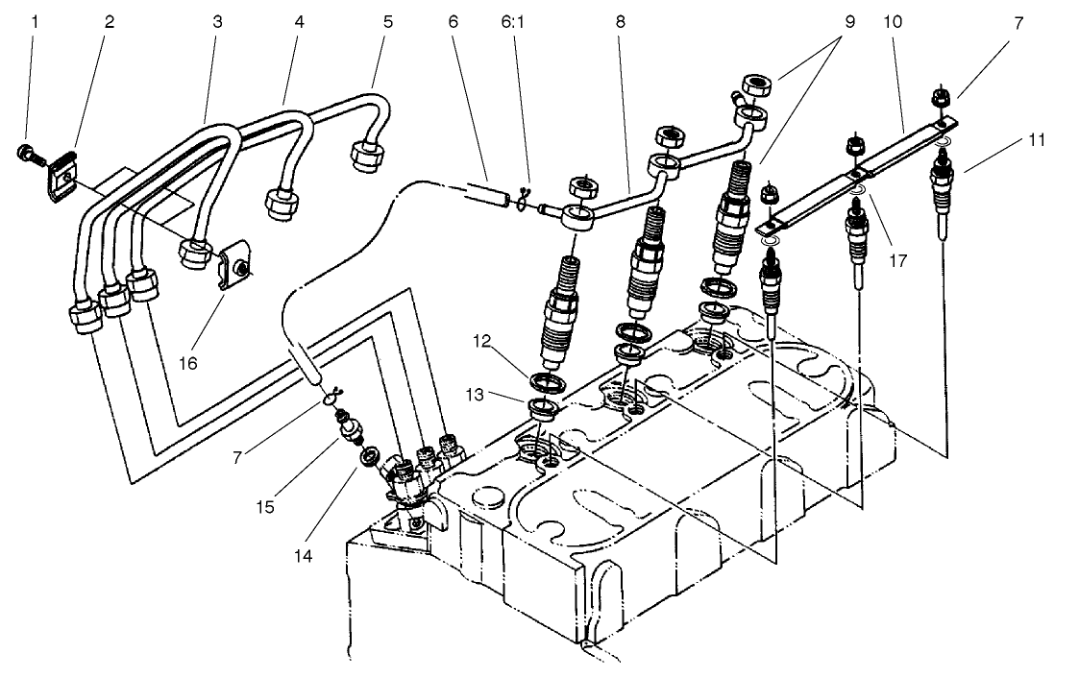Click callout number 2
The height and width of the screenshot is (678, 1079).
(x=109, y=19)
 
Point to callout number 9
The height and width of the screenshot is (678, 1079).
(x=846, y=19)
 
